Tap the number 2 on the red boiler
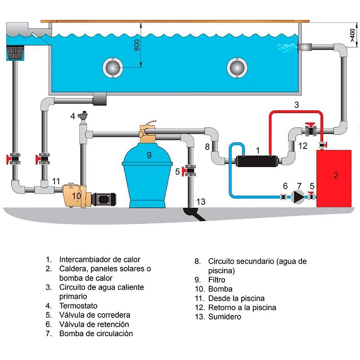(336, 175)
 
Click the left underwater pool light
(112, 67)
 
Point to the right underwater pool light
(236, 67)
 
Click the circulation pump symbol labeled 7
(298, 196)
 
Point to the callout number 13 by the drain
(201, 202)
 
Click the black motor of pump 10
(104, 198)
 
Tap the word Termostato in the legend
(78, 306)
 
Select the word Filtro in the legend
(217, 280)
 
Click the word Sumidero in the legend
(225, 317)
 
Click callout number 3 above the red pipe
(297, 105)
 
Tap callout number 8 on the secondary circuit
(207, 147)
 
